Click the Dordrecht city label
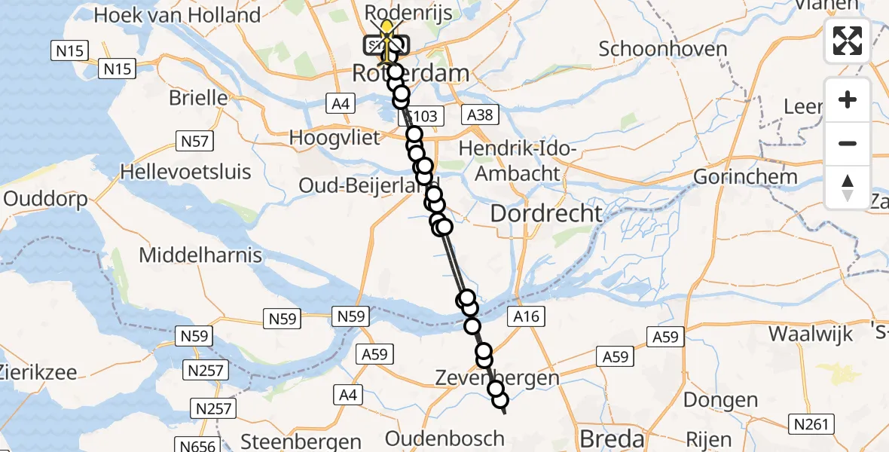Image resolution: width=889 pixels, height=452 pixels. pos(546,213)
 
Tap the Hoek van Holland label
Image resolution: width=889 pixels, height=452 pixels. pos(177,15)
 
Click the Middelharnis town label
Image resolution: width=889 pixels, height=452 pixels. pos(200,255)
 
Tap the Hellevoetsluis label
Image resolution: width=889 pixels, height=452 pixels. pos(185,172)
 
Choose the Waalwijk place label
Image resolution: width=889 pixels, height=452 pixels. pos(810,334)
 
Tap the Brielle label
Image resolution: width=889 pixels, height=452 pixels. pos(198,98)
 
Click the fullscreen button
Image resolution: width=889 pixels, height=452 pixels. pos(848,41)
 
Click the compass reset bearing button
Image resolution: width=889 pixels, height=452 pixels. pos(848,188)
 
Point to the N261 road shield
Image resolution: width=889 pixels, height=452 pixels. pos(813,424)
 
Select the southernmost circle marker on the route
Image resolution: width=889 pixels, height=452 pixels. pos(500,402)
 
